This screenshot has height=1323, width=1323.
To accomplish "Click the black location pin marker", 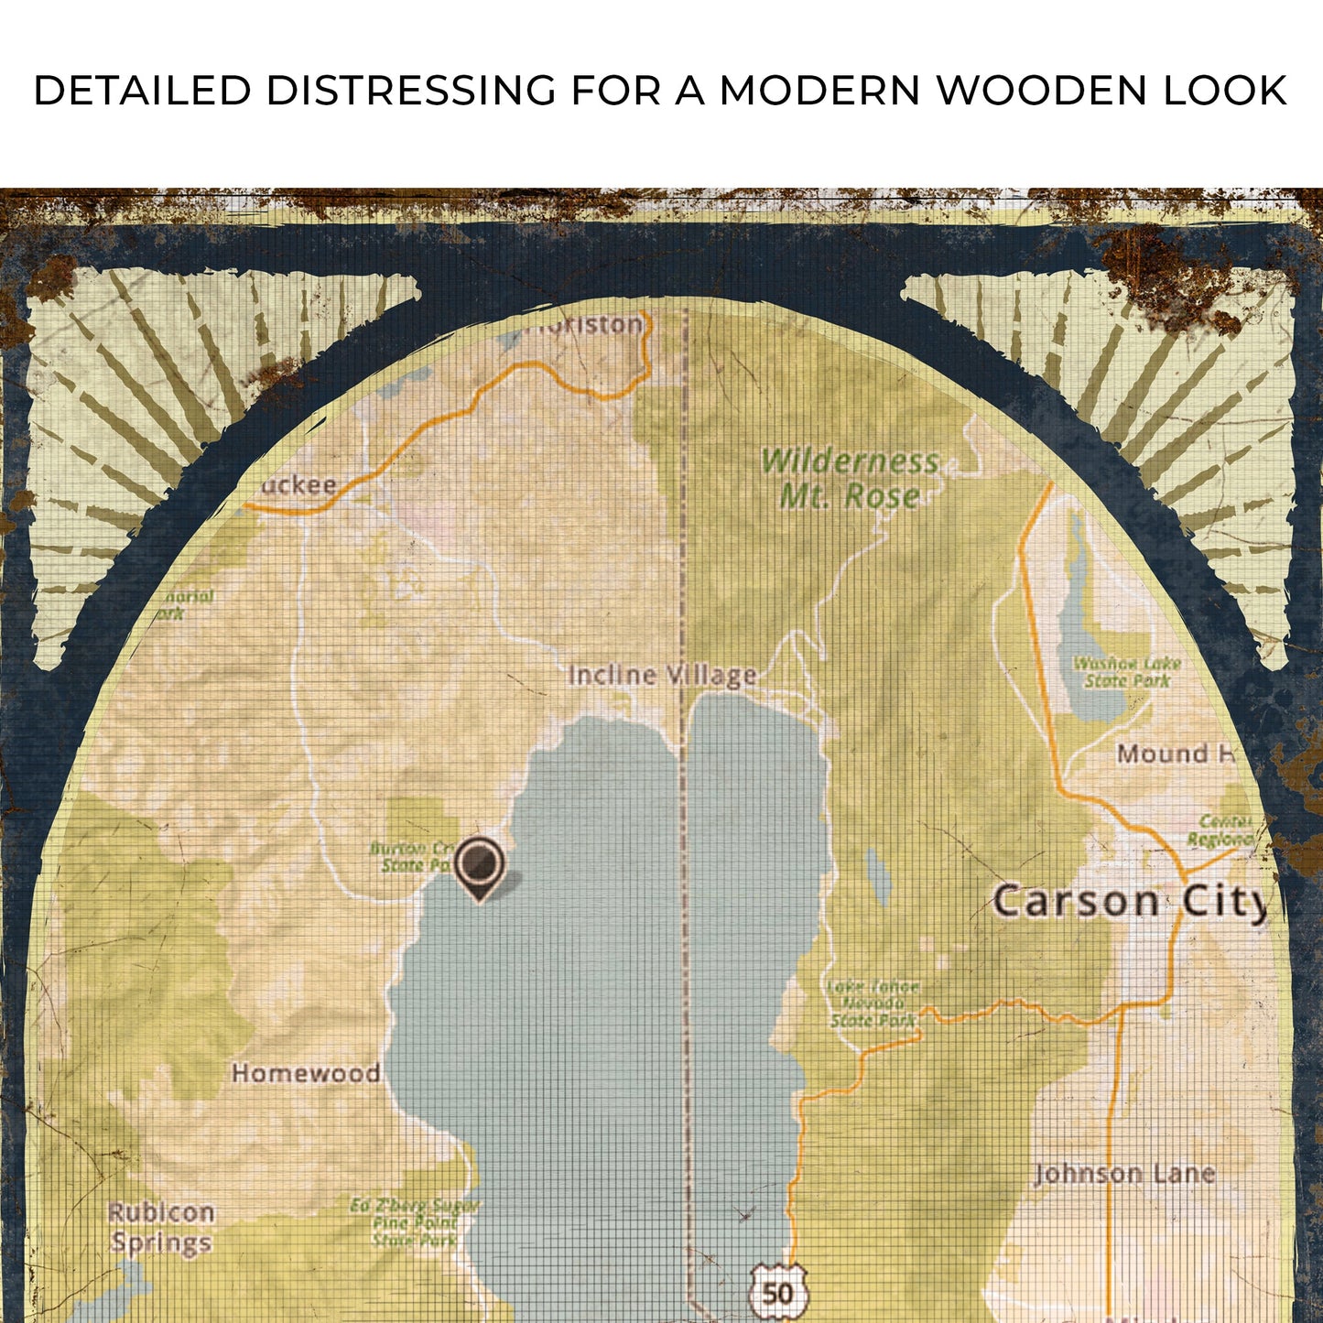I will click(x=479, y=864).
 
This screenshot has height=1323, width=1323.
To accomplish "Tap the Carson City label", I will click(x=1130, y=901).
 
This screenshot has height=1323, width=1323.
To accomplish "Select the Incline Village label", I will click(x=662, y=676).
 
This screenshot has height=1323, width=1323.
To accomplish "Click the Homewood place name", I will click(x=306, y=1073).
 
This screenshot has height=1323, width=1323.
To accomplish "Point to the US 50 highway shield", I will click(x=777, y=1292).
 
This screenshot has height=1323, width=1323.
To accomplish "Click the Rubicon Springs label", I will click(x=161, y=1228).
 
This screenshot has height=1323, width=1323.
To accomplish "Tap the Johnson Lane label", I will click(x=1123, y=1174).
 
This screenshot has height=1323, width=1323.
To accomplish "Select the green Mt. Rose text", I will click(x=850, y=496).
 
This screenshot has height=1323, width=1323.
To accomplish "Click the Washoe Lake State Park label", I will click(x=1126, y=672).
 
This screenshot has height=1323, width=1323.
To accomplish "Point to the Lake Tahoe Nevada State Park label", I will click(x=873, y=1003).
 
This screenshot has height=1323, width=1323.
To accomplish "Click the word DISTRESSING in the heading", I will click(x=410, y=91).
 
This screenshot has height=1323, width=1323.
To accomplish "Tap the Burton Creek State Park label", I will click(x=410, y=856).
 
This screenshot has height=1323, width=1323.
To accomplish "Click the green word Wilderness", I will click(x=850, y=461).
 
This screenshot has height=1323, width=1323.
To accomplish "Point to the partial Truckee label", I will click(x=298, y=485).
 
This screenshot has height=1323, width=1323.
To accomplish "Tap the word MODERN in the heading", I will click(x=819, y=91).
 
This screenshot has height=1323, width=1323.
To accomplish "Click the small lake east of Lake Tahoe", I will click(x=877, y=874).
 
